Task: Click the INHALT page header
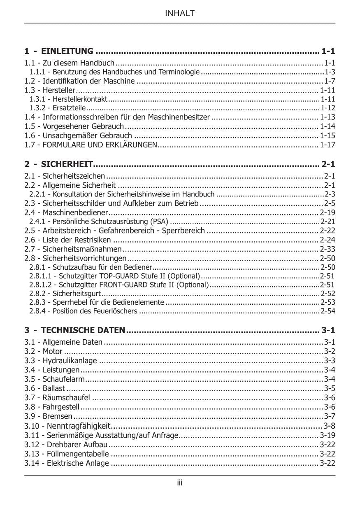pos(180,14)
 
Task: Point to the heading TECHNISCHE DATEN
pos(83,330)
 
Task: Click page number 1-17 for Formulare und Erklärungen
pos(327,145)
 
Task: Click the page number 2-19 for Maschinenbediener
pos(327,212)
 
